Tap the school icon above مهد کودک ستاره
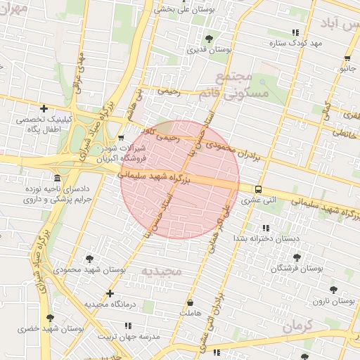pos(295,32)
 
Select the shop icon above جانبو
pos(347,58)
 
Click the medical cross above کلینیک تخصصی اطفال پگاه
pos(44,108)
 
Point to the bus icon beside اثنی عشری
pos(258,189)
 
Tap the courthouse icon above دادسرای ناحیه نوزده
pos(56,178)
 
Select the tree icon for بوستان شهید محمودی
pos(89,258)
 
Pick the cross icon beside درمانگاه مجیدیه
pos(110,293)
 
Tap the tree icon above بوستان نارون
pos(333,289)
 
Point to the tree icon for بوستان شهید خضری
pos(50,317)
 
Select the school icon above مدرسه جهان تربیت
pos(128,326)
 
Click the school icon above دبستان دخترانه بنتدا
pos(266,228)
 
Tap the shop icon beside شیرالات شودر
pos(122,137)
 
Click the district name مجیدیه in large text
pos(161,271)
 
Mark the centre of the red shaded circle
pos(180,179)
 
